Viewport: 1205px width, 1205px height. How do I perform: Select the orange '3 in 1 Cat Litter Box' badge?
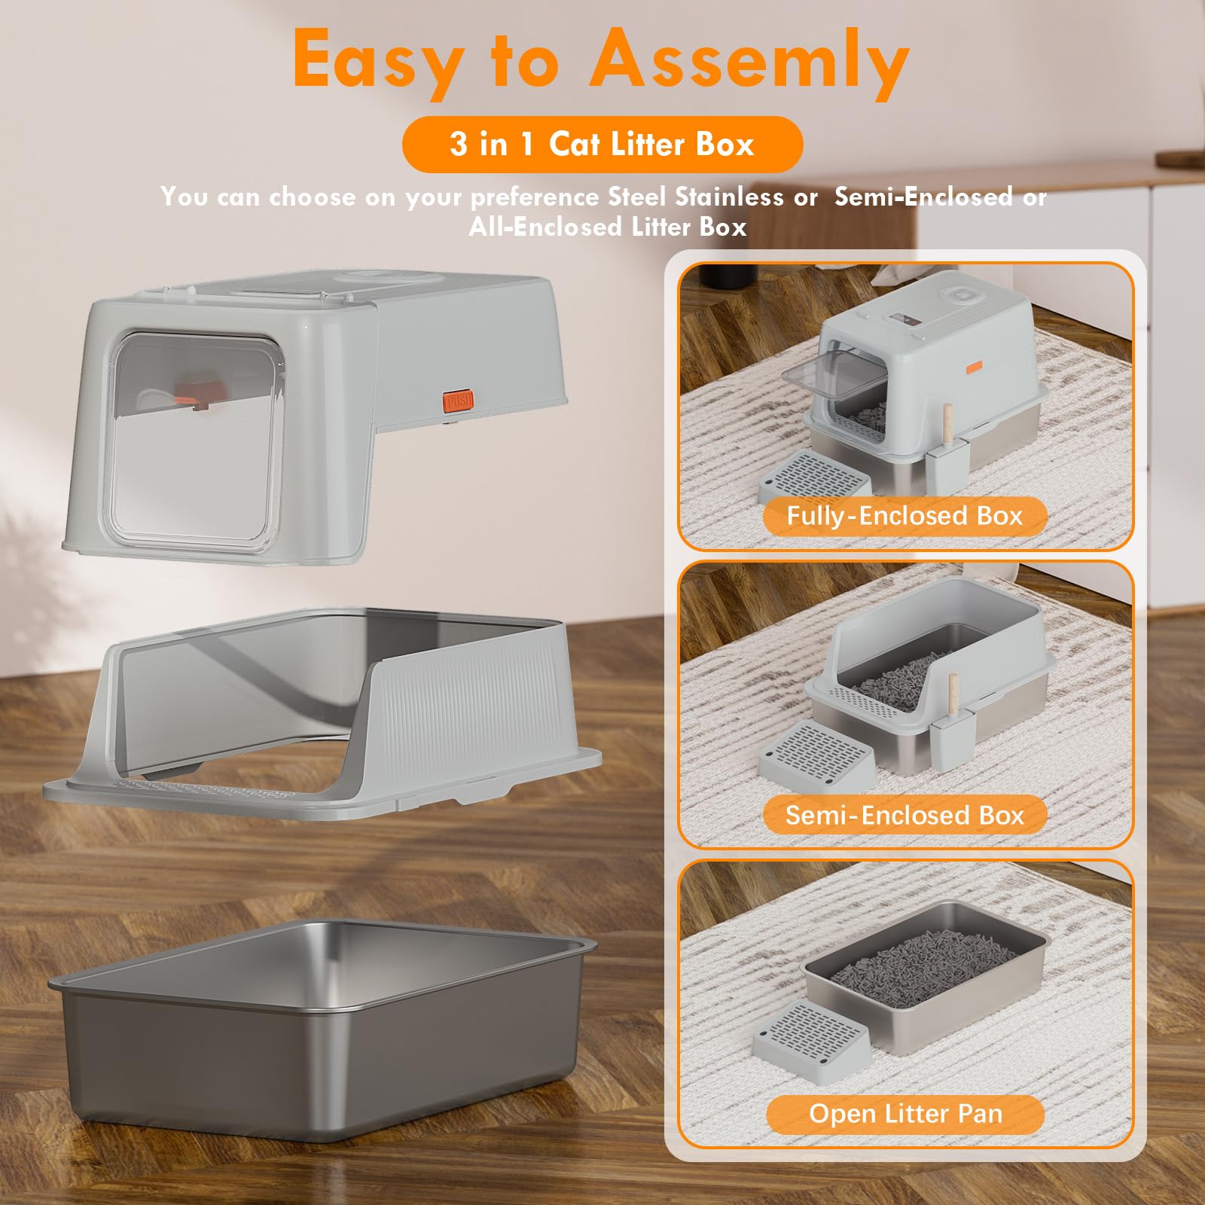(x=602, y=144)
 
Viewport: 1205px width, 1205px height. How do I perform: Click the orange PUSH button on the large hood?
(x=458, y=401)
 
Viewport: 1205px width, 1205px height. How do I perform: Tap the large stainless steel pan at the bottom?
(x=320, y=1036)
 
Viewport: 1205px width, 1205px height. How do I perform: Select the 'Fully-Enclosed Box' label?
(x=905, y=516)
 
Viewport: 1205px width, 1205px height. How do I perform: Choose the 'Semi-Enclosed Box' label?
(x=905, y=815)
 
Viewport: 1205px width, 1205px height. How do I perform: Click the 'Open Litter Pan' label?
(x=905, y=1114)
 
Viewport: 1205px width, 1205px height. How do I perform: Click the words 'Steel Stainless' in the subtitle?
(x=696, y=197)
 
